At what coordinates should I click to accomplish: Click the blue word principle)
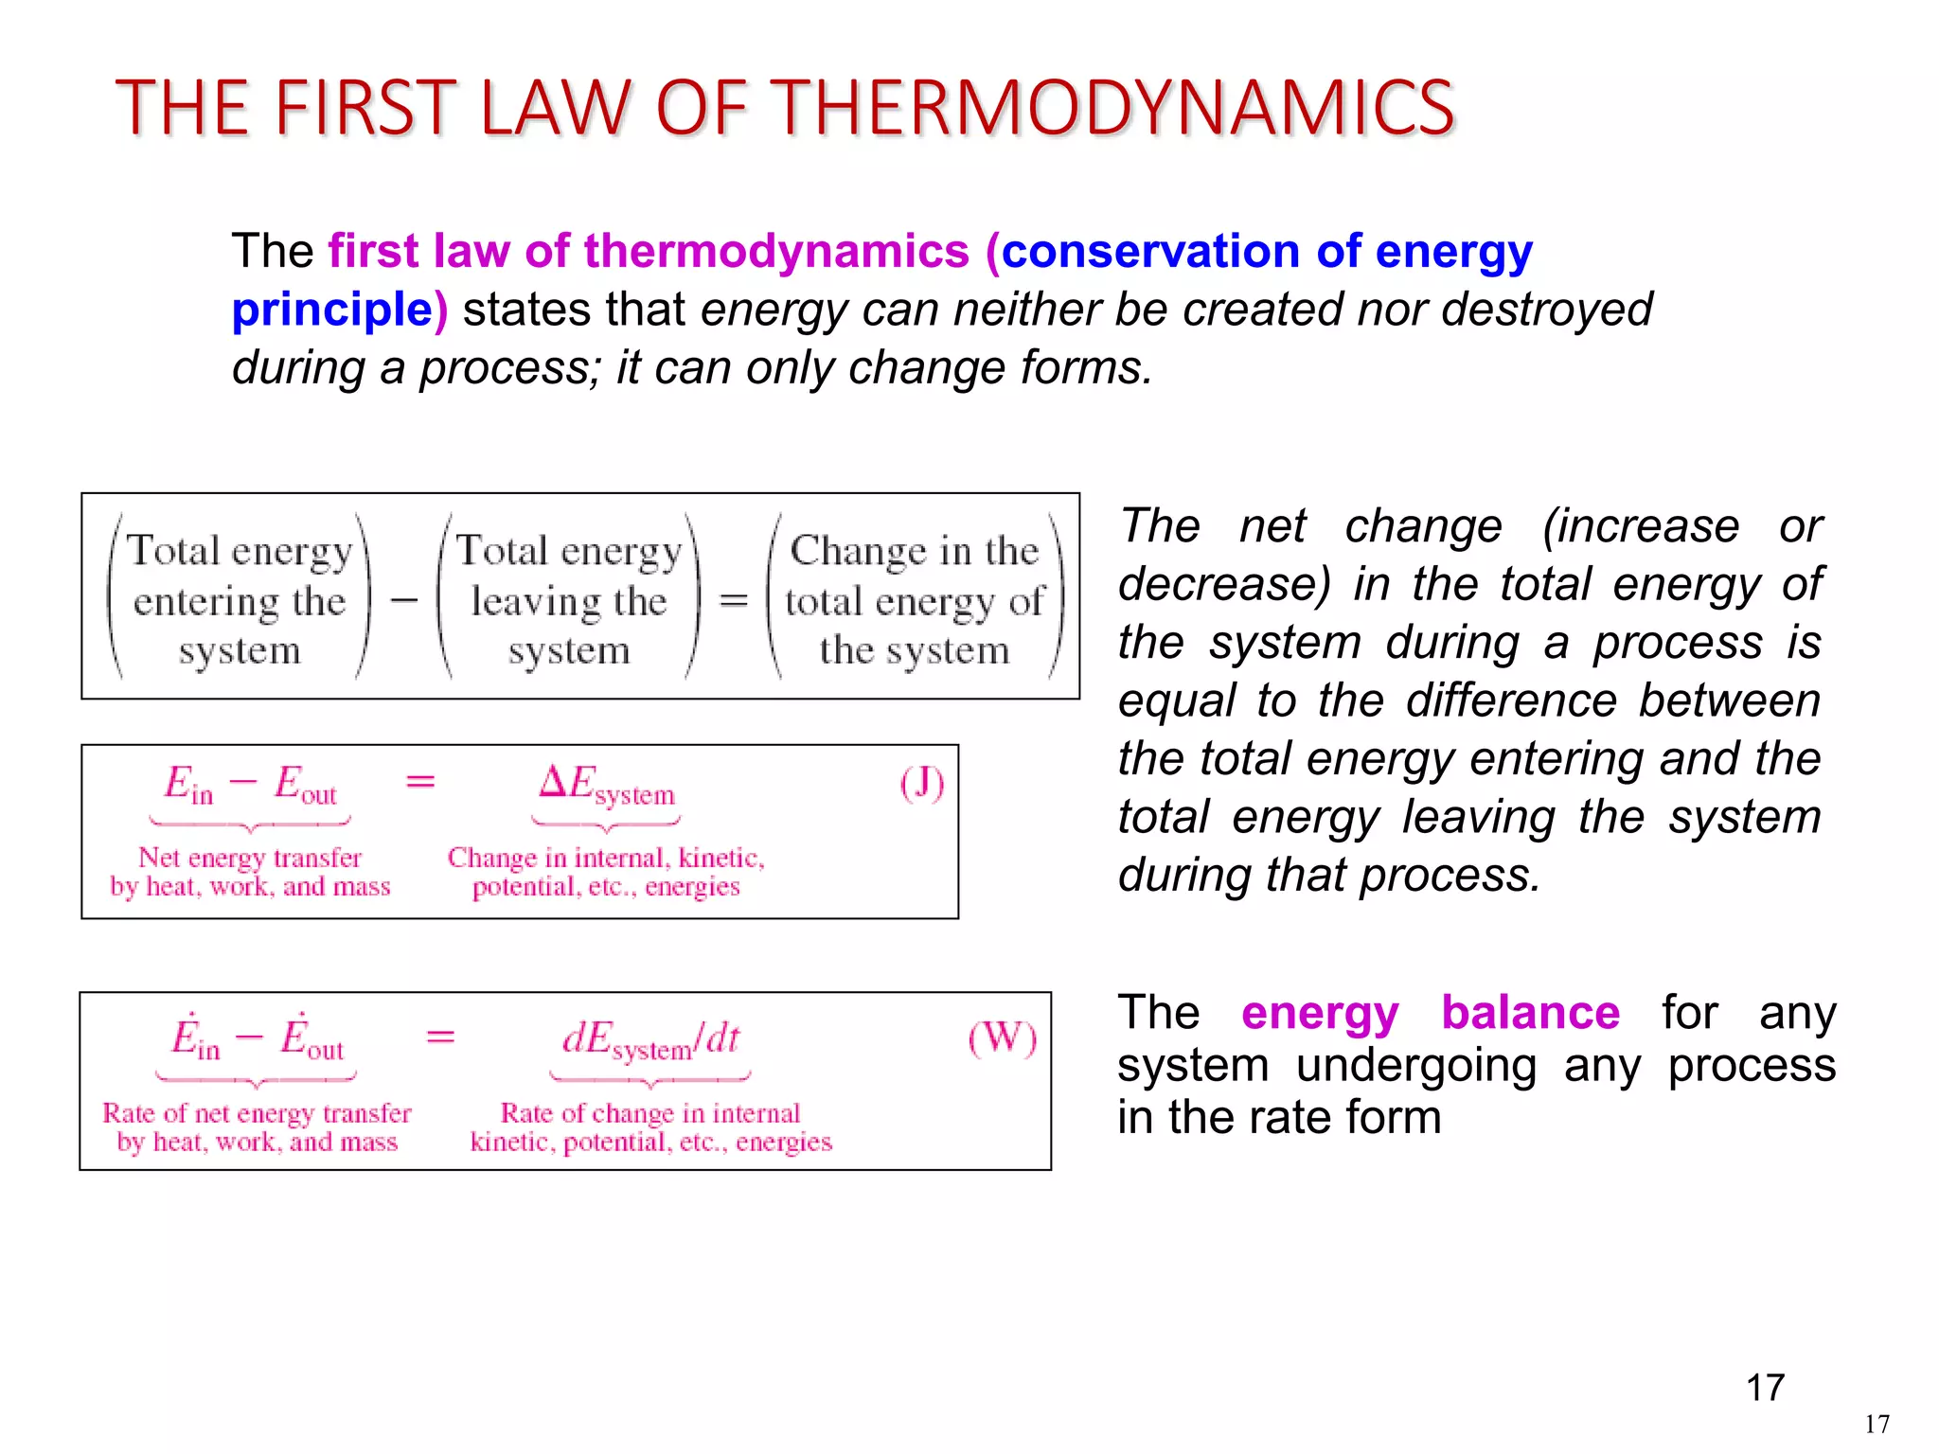(339, 310)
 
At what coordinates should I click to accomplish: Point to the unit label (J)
(921, 784)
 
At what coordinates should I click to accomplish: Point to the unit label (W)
(1002, 1038)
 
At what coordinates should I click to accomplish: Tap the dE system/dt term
(650, 1040)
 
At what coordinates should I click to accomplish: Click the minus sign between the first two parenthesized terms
(404, 600)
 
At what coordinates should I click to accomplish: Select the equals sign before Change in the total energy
(734, 600)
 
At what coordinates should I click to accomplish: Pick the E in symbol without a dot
(188, 786)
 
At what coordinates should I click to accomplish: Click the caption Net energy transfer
(250, 858)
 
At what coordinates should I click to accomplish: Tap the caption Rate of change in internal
(649, 1112)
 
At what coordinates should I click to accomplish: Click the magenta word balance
(1530, 1013)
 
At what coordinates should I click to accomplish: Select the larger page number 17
(1765, 1388)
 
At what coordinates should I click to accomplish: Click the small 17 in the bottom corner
(1877, 1424)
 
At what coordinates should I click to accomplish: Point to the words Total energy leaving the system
(569, 600)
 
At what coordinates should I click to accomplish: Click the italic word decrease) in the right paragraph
(1224, 584)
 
